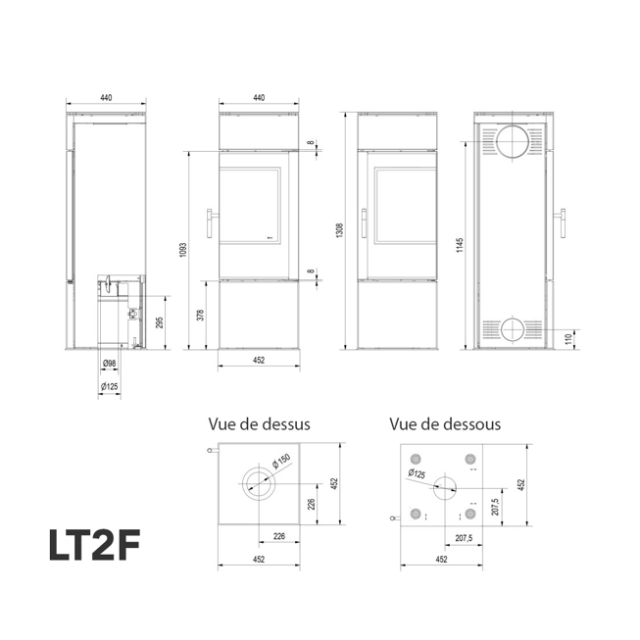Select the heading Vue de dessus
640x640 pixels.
pos(259,424)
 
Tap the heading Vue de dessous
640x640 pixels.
pos(444,424)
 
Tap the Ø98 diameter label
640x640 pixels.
pos(110,364)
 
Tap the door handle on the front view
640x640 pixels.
pos(210,225)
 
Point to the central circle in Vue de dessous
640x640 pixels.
pos(443,487)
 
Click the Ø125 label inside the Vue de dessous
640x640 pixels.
pos(419,475)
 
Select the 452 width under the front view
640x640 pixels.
pos(259,360)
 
